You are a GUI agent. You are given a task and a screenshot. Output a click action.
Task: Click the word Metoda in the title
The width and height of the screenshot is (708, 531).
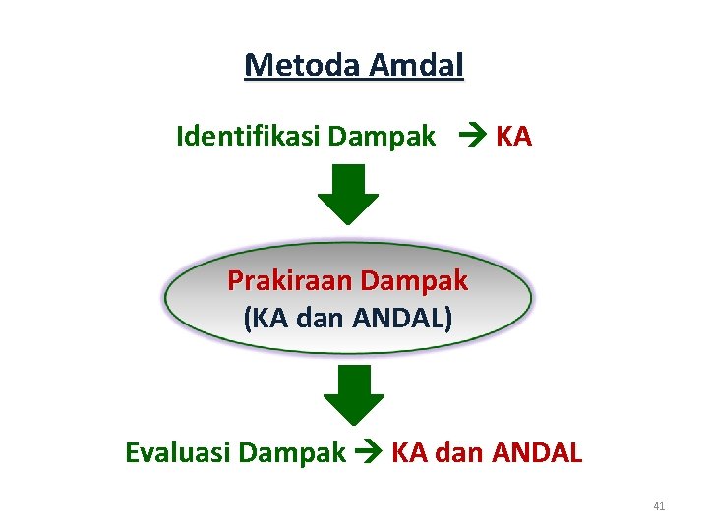click(x=303, y=65)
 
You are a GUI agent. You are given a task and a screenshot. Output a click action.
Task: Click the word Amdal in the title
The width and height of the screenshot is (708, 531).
click(x=416, y=65)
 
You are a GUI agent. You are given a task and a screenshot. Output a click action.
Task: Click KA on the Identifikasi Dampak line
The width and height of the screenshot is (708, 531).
click(x=513, y=136)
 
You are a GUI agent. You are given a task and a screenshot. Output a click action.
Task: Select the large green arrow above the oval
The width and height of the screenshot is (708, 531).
click(x=347, y=194)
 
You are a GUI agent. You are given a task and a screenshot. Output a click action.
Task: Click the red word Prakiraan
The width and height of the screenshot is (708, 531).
click(x=290, y=281)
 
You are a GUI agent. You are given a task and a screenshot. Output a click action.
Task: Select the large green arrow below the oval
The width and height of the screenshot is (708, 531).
click(x=353, y=393)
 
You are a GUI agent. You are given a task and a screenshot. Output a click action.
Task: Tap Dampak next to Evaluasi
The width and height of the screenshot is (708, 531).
click(x=292, y=453)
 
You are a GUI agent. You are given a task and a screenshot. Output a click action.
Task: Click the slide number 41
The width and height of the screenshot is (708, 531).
click(x=659, y=506)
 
